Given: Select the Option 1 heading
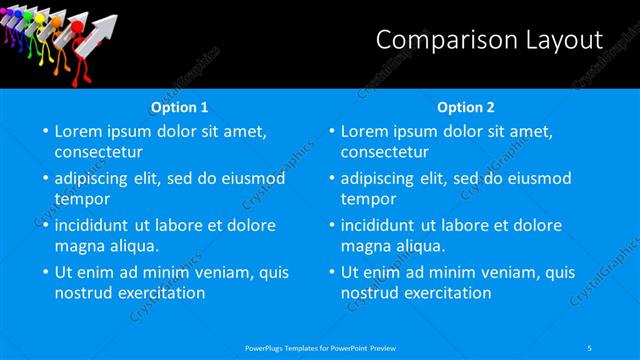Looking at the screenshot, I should tap(180, 107).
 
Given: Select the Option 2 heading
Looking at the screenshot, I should tap(466, 107).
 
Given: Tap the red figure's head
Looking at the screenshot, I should tap(76, 26).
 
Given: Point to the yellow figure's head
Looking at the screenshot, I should tap(39, 18).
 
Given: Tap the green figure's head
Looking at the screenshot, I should tap(27, 16).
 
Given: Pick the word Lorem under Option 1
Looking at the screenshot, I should tap(78, 131).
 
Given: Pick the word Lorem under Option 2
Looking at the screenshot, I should tap(364, 131).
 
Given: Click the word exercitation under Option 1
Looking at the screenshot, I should tap(160, 293).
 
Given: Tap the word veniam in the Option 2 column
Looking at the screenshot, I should tap(500, 272).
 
